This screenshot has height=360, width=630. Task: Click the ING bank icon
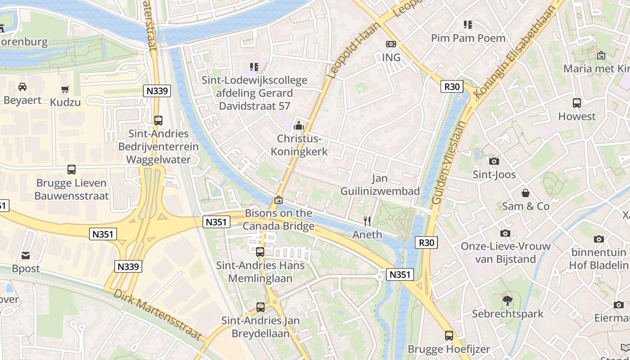pos(391,44)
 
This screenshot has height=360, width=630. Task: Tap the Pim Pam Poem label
pos(468,38)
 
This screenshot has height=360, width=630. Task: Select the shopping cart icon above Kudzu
pos(65,89)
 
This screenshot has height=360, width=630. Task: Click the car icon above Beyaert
pos(22,86)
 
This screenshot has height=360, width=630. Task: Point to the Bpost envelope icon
pos(26,256)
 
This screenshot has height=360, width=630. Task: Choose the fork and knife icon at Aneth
pos(367,221)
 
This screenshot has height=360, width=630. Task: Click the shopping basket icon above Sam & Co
pos(525,193)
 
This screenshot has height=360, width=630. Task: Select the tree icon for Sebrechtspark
pos(508,300)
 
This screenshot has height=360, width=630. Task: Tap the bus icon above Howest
pos(576,103)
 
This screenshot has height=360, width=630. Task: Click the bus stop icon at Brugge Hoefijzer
pos(449,336)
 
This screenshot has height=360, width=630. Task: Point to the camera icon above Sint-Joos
pos(494,161)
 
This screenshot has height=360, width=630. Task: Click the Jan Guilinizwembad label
pos(380,184)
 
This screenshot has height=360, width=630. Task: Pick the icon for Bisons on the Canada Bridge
pos(279,199)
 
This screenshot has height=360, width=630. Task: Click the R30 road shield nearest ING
pos(451,86)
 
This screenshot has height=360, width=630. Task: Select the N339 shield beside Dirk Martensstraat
pos(129,266)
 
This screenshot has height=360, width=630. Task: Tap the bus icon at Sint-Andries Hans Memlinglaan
pos(260,252)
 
